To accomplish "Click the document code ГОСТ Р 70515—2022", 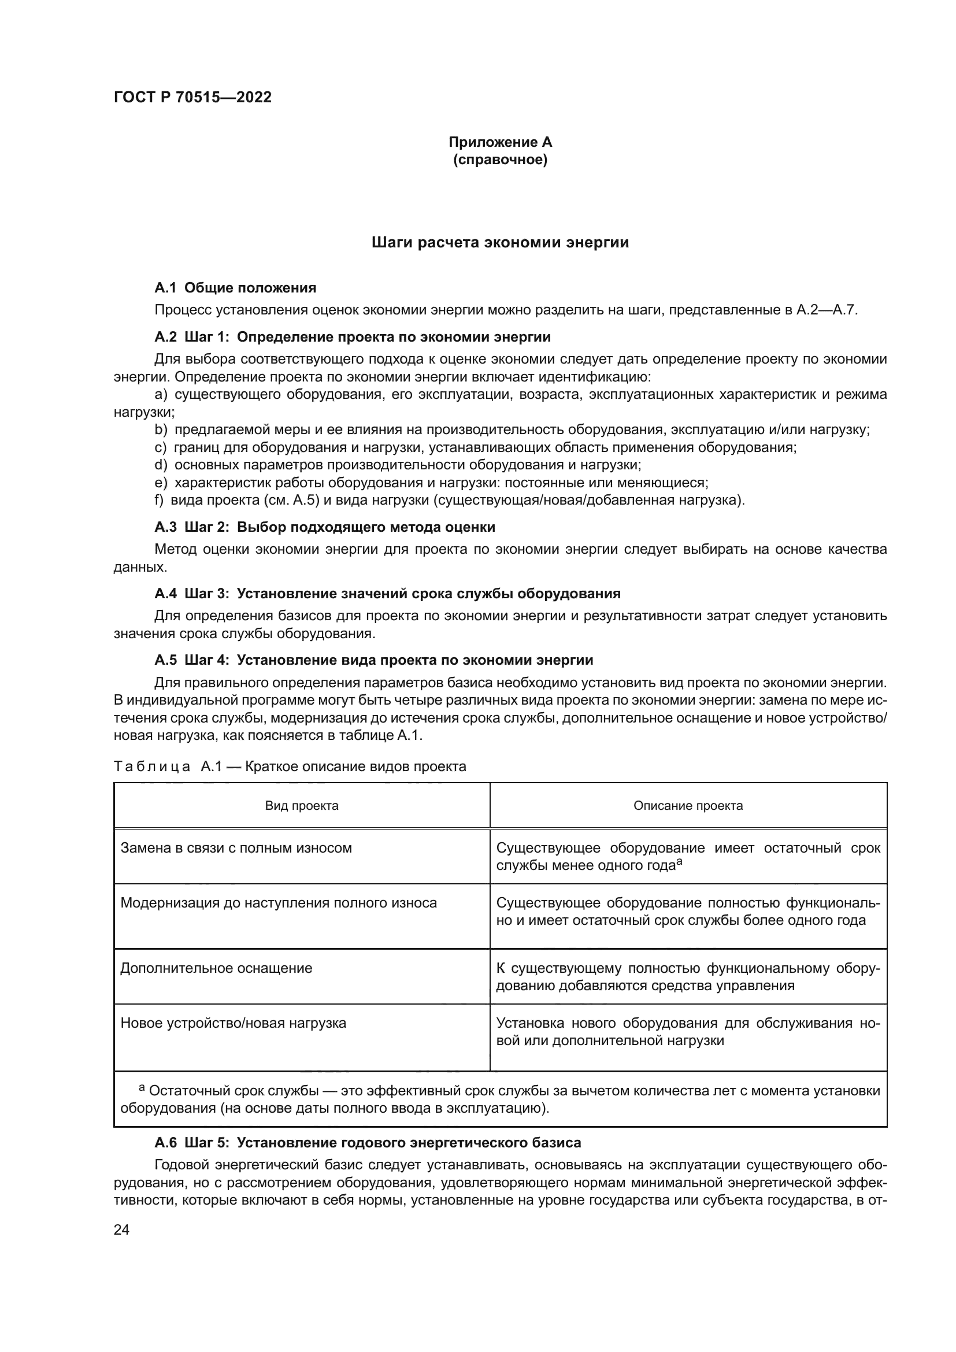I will [192, 97].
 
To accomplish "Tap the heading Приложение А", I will [500, 142].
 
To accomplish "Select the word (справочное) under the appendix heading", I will [500, 160].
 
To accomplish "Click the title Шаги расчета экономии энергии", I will [500, 243].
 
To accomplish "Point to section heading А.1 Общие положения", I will [235, 288].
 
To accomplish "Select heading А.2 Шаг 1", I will [352, 338].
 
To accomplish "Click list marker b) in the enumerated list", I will [161, 430].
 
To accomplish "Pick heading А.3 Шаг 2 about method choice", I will [324, 527].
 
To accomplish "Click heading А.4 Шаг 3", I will [387, 594].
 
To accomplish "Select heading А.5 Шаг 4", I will [373, 660].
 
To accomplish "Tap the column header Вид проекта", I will [301, 806].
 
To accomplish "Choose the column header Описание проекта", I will [688, 806].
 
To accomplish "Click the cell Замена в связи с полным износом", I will [236, 848].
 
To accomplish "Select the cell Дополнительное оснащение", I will [216, 968].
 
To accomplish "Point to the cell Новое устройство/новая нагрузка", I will [233, 1023].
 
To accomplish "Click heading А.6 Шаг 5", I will [368, 1143].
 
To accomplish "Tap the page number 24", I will [122, 1230].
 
